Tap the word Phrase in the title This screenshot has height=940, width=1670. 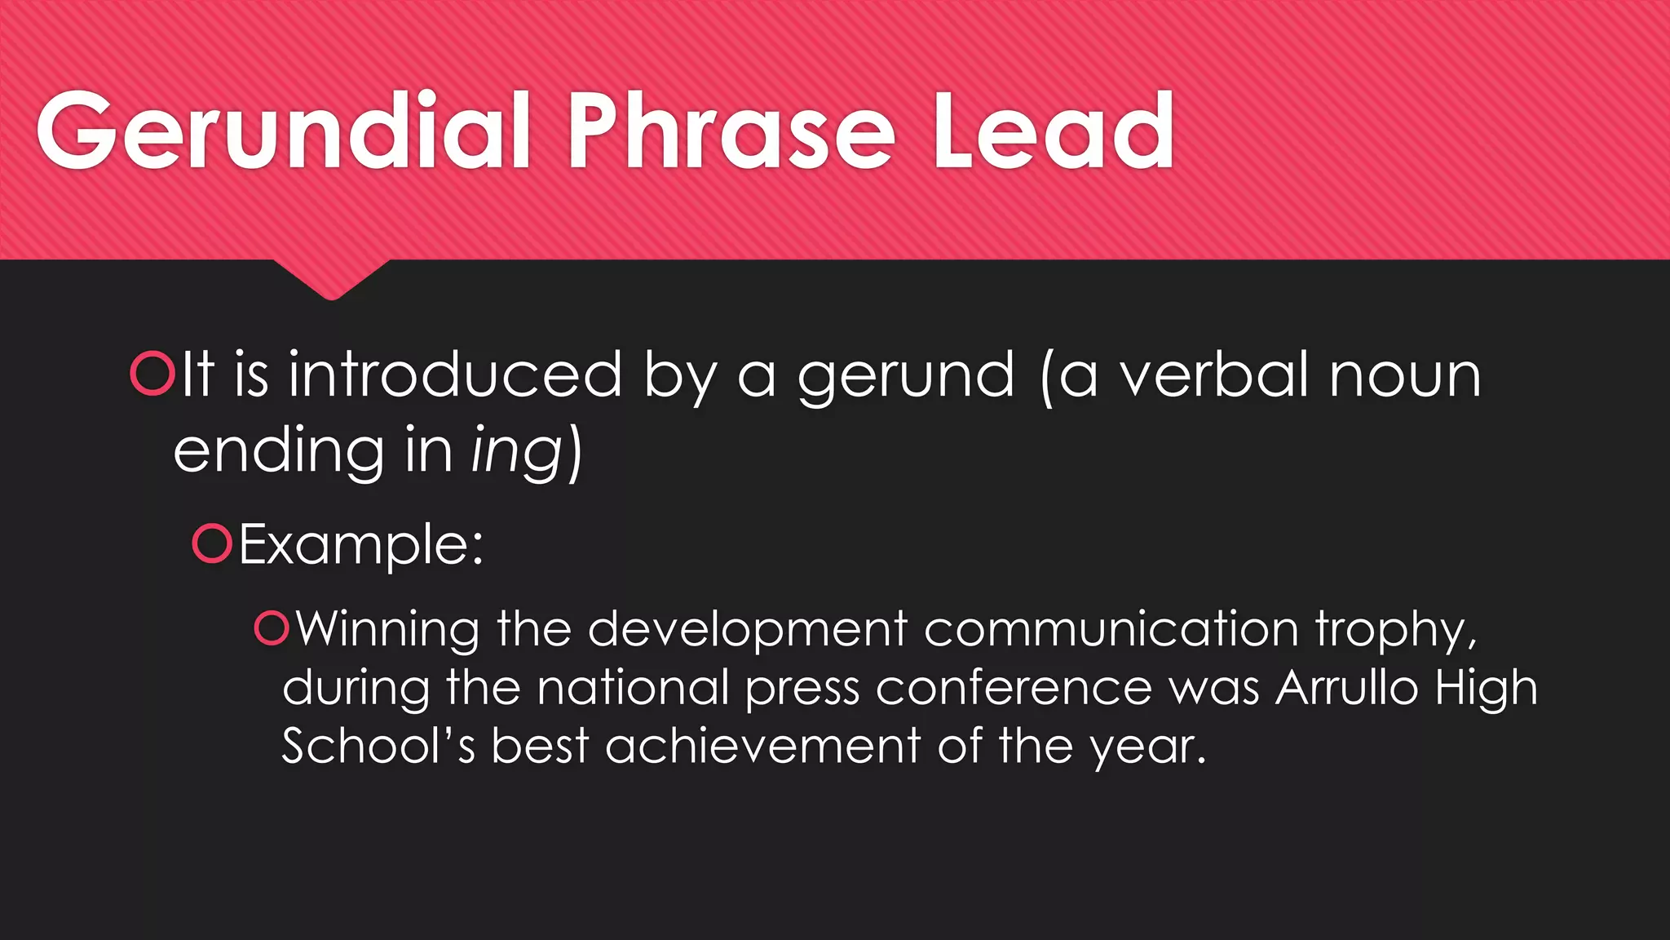[731, 131]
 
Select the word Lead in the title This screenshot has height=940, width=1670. [1053, 131]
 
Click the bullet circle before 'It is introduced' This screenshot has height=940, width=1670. [152, 374]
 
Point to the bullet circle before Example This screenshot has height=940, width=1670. [213, 543]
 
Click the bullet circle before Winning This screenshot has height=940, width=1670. [272, 628]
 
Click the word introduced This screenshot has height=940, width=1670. [455, 374]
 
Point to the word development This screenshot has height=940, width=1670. [747, 630]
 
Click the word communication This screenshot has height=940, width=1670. [1111, 630]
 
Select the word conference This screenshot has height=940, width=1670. [1014, 688]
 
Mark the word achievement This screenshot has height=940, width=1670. [762, 746]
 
